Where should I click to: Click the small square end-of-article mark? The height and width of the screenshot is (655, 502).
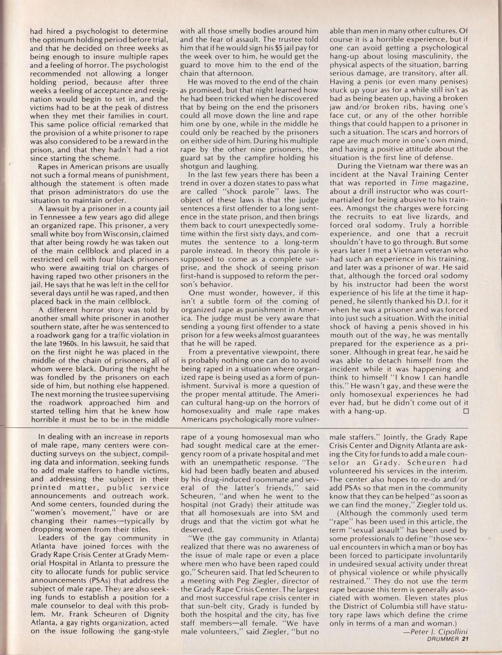pyautogui.click(x=465, y=411)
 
